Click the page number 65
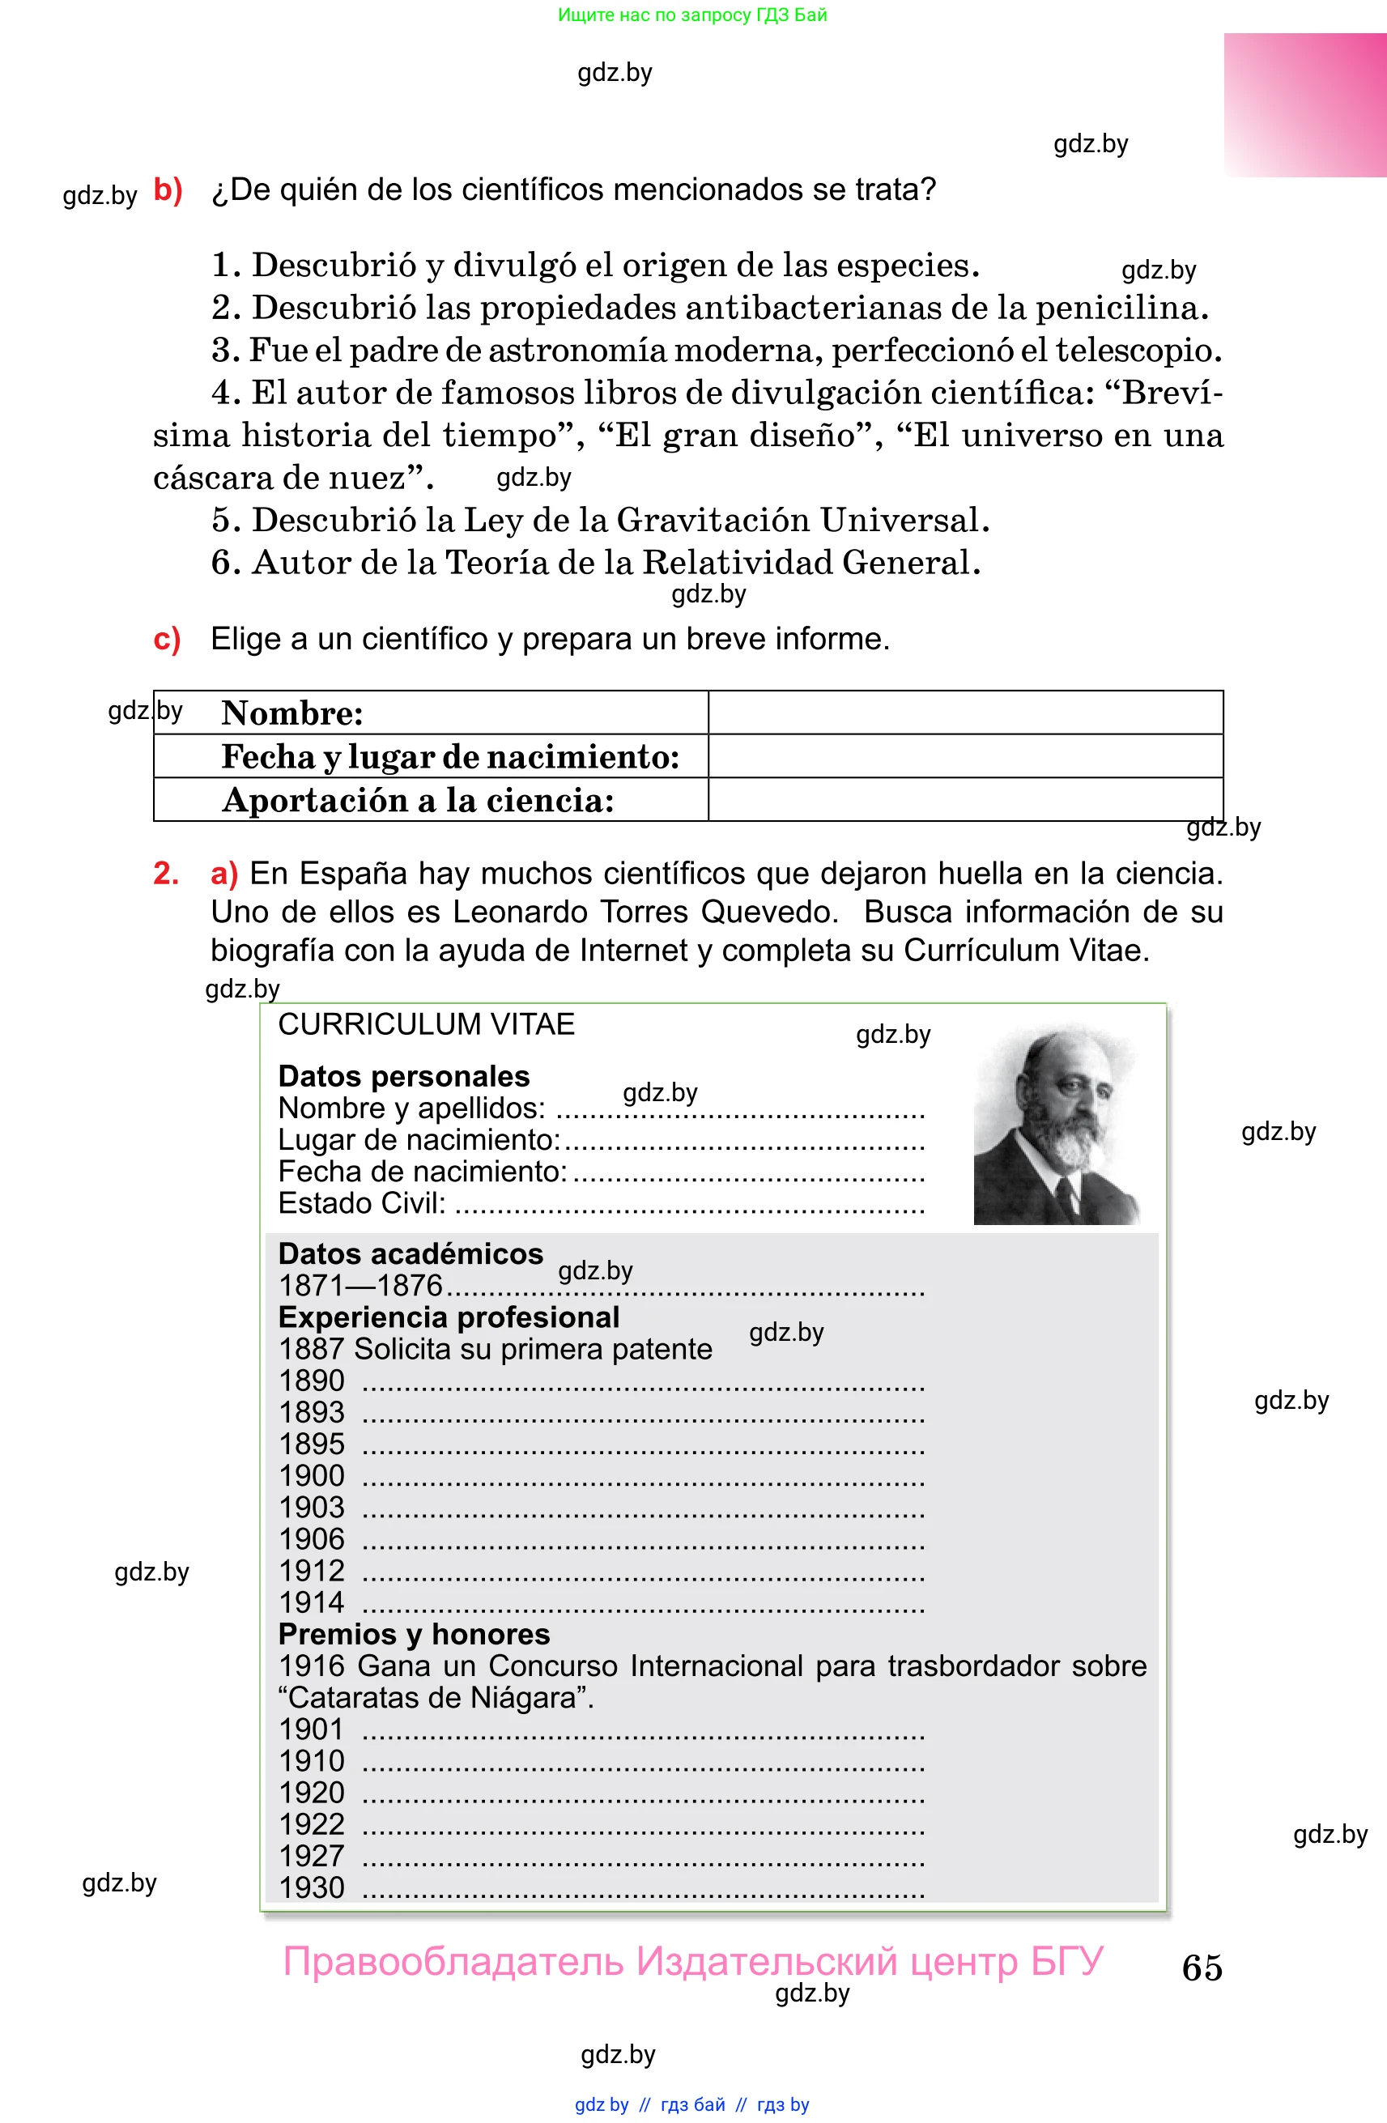click(1202, 1967)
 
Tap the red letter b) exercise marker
click(168, 190)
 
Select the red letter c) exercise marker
click(167, 639)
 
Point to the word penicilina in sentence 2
click(1121, 308)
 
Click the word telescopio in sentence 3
click(1138, 350)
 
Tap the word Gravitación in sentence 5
click(713, 519)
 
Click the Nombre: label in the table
click(292, 713)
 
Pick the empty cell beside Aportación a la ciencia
click(965, 799)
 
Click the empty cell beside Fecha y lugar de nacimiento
click(965, 755)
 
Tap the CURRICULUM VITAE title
click(427, 1024)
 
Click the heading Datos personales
click(404, 1076)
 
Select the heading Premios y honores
click(414, 1633)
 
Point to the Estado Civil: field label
click(362, 1202)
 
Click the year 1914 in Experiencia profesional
click(311, 1602)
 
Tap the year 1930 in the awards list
click(311, 1887)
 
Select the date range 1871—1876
click(360, 1286)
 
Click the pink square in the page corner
click(1304, 105)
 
